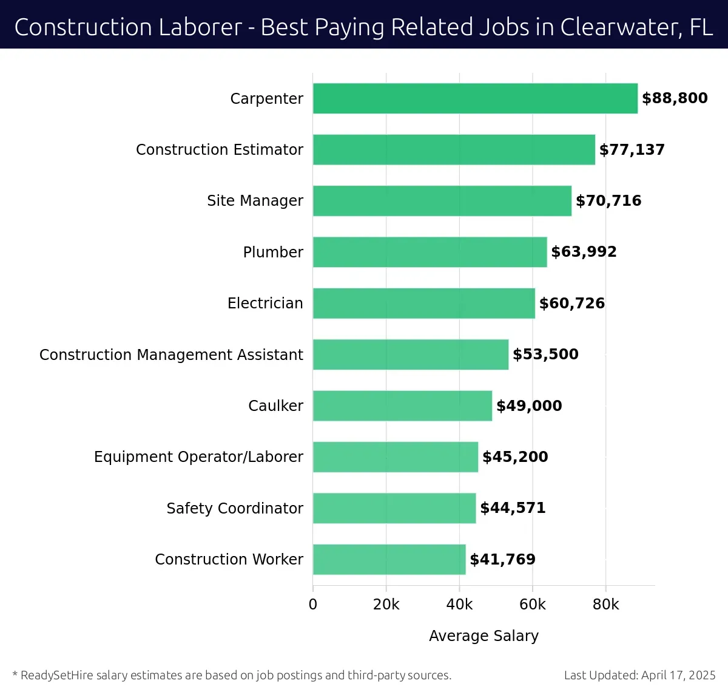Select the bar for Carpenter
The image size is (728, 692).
pos(475,98)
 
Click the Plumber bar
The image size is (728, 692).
pos(430,252)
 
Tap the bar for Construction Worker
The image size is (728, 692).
pos(389,559)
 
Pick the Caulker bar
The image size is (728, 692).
pos(402,405)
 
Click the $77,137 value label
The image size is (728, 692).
pos(632,150)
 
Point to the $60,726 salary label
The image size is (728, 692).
pos(571,304)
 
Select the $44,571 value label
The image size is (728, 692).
pos(513,508)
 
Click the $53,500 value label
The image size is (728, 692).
pos(545,354)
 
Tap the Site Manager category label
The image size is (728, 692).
pos(255,201)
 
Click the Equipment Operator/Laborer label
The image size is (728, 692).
pos(198,457)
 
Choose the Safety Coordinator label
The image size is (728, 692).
pos(235,508)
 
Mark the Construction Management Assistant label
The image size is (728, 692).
pos(171,354)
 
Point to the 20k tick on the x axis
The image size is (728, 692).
pos(386,605)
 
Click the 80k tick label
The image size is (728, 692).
pos(605,605)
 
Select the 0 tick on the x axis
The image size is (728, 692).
pos(313,605)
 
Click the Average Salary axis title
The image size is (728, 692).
pos(484,636)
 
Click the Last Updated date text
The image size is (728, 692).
pos(639,675)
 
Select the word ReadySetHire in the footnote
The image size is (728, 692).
pos(57,675)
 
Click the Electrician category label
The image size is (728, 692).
pos(265,304)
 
